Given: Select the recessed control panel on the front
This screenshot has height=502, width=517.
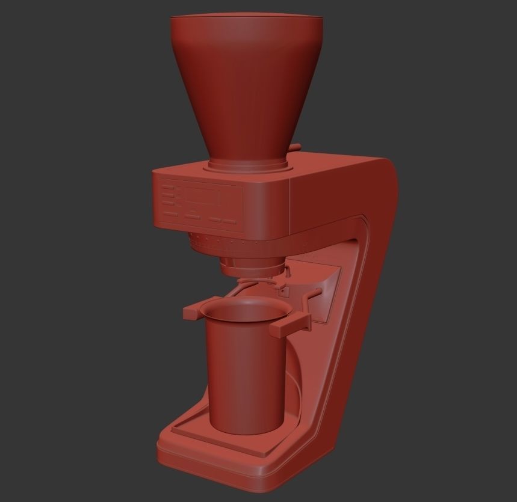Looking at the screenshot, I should click(x=201, y=206).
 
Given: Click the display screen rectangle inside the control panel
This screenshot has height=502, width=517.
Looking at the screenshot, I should click(x=201, y=197).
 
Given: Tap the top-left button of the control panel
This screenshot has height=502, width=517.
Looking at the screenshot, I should click(x=169, y=188).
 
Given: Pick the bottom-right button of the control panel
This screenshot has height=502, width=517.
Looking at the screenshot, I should click(x=229, y=221).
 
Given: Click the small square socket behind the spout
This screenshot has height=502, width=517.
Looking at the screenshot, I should click(x=285, y=291).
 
